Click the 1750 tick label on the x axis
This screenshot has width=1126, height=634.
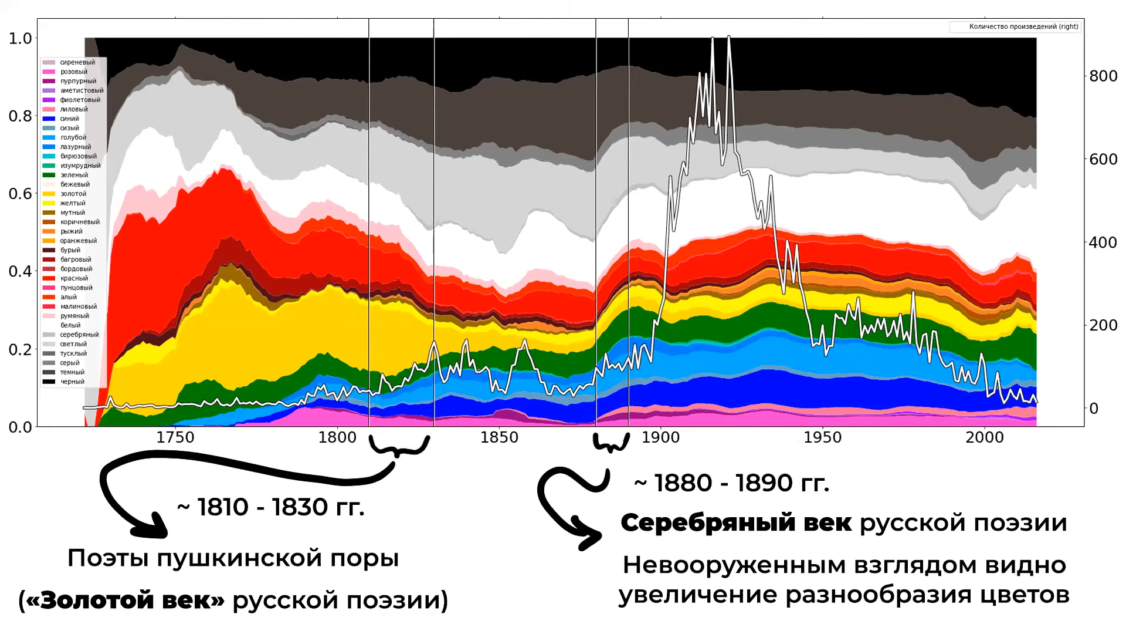click(175, 437)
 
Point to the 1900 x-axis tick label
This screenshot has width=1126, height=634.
click(660, 437)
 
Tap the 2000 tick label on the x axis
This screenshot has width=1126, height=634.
click(985, 437)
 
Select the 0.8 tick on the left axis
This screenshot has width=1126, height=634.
click(21, 116)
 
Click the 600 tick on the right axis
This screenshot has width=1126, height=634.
click(1103, 159)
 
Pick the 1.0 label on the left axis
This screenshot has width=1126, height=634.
click(21, 38)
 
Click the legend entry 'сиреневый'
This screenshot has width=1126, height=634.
click(69, 62)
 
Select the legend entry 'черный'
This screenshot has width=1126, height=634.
click(64, 382)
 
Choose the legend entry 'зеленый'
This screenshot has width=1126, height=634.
click(66, 175)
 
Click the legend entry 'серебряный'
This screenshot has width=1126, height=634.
click(71, 335)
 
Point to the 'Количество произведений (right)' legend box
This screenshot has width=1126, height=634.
click(1015, 26)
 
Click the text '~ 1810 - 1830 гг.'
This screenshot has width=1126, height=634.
click(270, 507)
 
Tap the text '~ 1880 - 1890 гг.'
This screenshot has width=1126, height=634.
click(731, 483)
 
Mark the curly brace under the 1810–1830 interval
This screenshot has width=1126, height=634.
click(399, 447)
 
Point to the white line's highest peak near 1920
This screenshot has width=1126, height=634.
click(728, 36)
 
